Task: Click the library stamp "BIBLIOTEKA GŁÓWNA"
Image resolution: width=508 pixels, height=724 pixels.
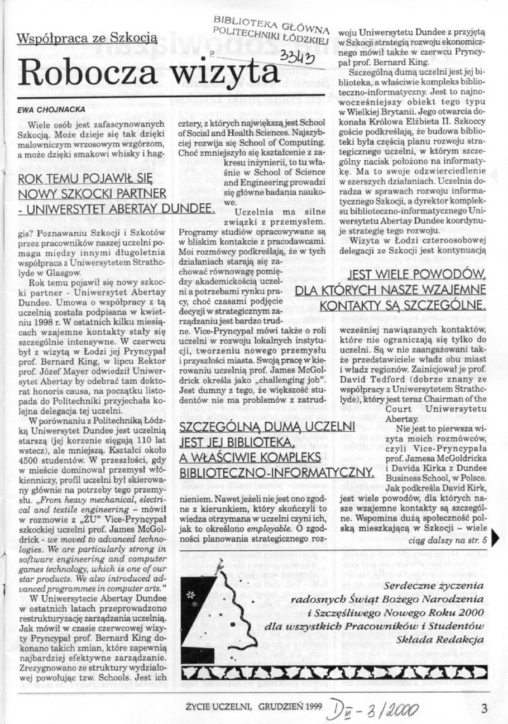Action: [271, 23]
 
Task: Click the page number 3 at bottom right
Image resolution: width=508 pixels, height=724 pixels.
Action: [484, 708]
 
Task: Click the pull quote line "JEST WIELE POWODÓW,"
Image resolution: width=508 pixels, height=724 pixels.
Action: [416, 275]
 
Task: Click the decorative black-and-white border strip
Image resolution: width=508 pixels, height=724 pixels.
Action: [335, 670]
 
